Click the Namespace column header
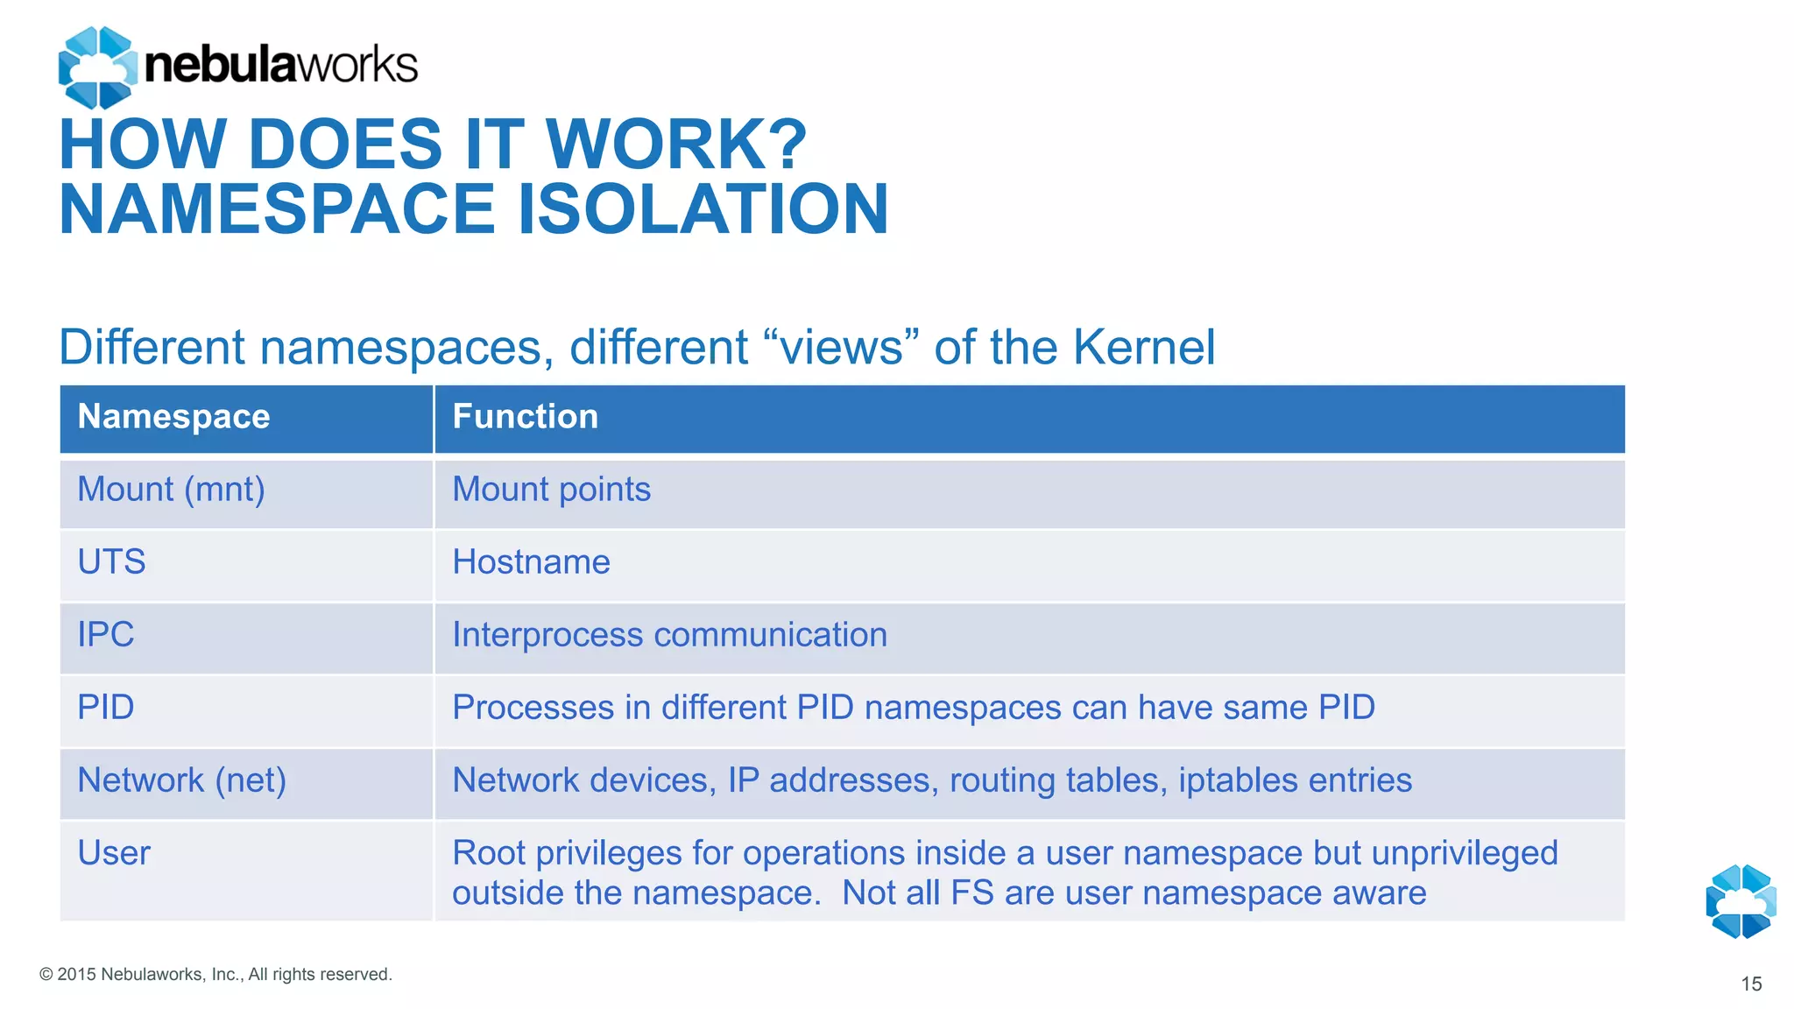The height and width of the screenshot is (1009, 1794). tap(173, 417)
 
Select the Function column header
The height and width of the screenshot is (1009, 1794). tap(525, 417)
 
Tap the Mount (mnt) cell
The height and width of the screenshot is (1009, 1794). tap(171, 490)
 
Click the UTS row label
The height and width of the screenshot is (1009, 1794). tap(111, 562)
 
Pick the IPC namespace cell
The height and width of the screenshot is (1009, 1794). tap(105, 635)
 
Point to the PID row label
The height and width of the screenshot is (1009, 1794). tap(105, 708)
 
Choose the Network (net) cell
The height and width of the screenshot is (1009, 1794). tap(181, 780)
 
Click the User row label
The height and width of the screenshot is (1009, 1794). tap(114, 853)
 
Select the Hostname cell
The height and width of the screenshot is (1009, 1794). tap(531, 562)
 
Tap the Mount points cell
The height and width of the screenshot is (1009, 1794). tap(551, 490)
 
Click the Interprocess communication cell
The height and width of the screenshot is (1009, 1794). tap(669, 635)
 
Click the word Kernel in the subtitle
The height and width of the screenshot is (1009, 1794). tap(1143, 347)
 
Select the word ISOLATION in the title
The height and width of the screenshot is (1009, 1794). tap(703, 209)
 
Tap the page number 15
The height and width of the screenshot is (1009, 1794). tap(1751, 984)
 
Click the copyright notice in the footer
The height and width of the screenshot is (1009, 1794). tap(215, 975)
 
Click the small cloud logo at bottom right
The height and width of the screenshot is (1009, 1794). tap(1741, 901)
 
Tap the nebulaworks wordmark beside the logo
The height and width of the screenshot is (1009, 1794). tap(280, 66)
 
